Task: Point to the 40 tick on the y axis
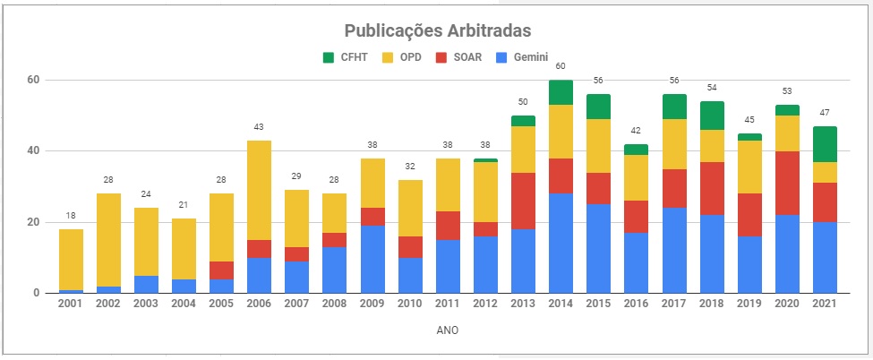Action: (x=33, y=150)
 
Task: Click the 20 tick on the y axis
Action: (x=33, y=222)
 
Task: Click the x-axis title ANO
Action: (x=449, y=330)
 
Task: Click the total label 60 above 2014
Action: (x=561, y=66)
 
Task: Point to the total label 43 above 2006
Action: (x=260, y=127)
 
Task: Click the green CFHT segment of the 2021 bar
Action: (x=825, y=143)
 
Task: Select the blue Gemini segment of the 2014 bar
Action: (x=561, y=243)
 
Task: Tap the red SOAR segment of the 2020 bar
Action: (x=787, y=183)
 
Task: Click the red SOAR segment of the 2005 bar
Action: (x=222, y=270)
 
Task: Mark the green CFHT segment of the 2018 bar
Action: (x=712, y=116)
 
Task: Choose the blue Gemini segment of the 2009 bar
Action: (x=372, y=259)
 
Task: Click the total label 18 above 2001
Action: (x=71, y=216)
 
